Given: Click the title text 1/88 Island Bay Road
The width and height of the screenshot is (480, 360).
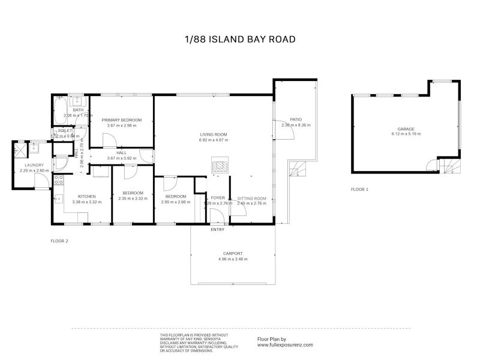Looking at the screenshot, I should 240,40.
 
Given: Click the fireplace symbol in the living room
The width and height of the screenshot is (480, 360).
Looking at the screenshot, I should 220,165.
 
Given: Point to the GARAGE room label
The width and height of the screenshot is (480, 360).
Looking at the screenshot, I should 406,128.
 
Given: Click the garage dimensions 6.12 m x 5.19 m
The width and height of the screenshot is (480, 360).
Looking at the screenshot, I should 406,134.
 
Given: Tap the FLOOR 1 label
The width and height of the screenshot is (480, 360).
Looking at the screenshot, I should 359,189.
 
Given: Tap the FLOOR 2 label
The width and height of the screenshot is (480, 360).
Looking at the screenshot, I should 59,241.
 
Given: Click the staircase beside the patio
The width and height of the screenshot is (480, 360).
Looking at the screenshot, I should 296,169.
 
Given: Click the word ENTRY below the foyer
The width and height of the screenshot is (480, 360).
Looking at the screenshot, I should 217,229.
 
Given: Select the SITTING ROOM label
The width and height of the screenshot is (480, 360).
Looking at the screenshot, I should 251,198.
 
